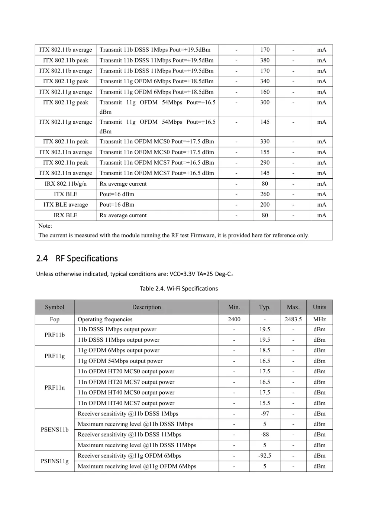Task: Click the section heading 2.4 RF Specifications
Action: tap(77, 259)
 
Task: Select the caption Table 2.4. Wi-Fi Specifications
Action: tap(179, 289)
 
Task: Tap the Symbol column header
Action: tap(55, 307)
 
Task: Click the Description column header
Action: tap(146, 307)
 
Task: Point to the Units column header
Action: tap(319, 307)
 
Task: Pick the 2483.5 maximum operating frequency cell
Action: tap(293, 319)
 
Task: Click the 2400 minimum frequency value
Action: tap(234, 319)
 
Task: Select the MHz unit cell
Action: tap(319, 319)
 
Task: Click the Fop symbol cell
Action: tap(55, 319)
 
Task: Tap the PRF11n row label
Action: tap(55, 387)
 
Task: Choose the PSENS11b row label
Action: tap(55, 430)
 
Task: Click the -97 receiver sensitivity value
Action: tap(265, 414)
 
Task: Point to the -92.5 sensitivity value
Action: tap(265, 456)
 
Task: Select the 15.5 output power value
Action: tap(265, 403)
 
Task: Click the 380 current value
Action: tap(265, 61)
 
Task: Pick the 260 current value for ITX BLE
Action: tap(265, 194)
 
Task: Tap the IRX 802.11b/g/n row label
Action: tap(65, 184)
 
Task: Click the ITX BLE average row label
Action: tap(65, 205)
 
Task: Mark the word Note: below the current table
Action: tap(45, 226)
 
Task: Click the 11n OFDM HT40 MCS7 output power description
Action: tap(126, 403)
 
